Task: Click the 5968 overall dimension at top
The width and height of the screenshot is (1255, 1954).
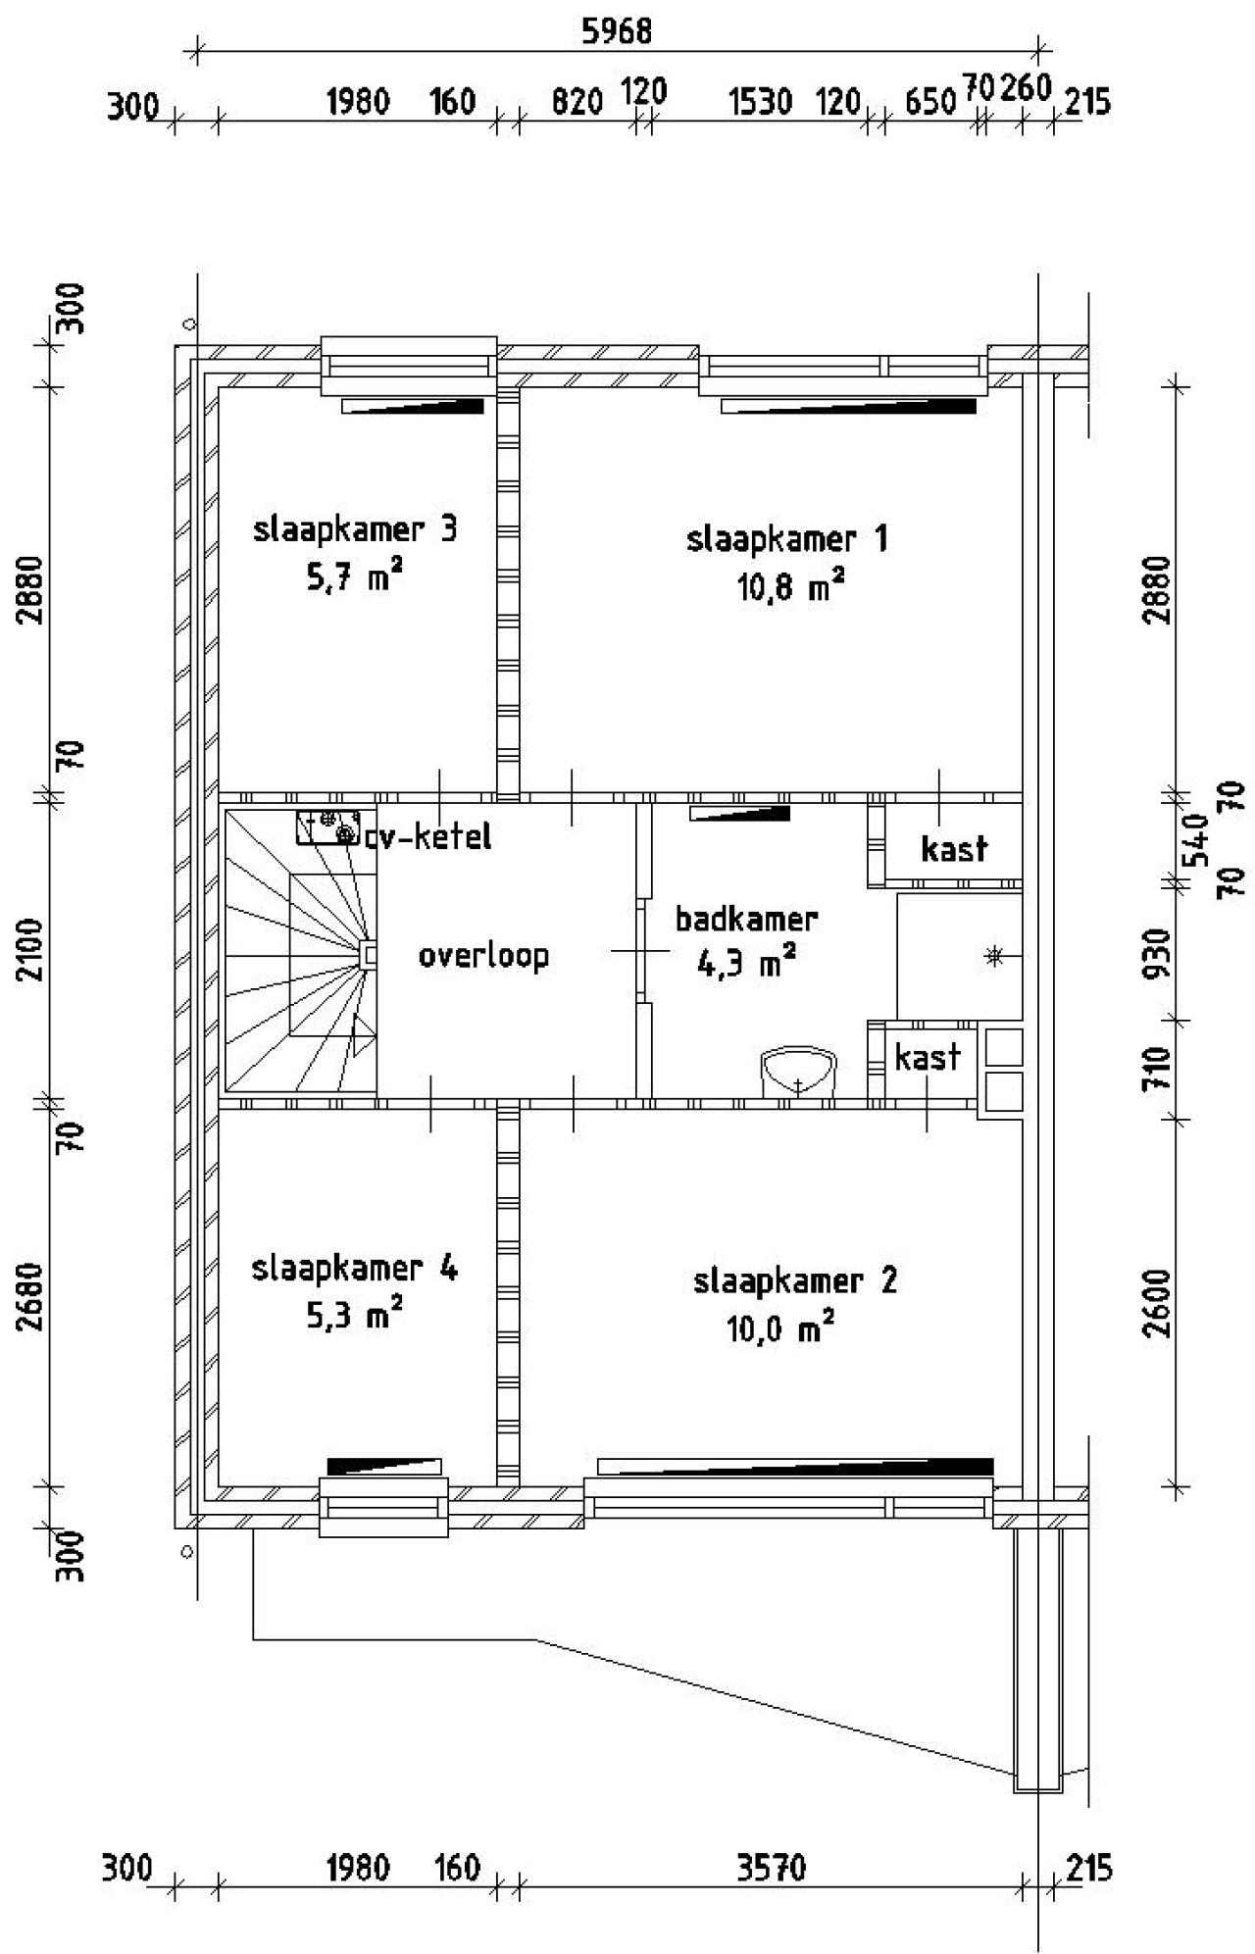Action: (616, 32)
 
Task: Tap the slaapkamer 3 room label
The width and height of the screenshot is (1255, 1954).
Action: (355, 530)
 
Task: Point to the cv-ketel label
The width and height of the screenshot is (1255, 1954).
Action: (428, 837)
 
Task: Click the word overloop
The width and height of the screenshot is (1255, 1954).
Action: (483, 956)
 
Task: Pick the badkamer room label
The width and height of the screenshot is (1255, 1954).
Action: (746, 920)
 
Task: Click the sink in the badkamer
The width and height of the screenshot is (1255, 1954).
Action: (799, 1072)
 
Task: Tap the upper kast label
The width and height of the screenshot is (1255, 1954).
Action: (954, 848)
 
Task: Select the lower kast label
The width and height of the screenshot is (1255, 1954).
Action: (928, 1058)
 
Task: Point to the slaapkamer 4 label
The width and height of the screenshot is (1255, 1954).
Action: (354, 1269)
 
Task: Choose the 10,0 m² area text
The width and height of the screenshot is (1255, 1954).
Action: (780, 1329)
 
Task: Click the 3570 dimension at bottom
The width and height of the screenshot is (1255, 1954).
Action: (771, 1869)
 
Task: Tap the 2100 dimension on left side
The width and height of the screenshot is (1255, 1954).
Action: (33, 948)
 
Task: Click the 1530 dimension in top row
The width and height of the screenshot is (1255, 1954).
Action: (760, 101)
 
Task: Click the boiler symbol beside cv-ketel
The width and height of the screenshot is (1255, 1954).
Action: (334, 827)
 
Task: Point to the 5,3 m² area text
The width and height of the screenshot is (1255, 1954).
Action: (354, 1316)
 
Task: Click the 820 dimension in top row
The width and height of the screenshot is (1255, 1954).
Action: (577, 101)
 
